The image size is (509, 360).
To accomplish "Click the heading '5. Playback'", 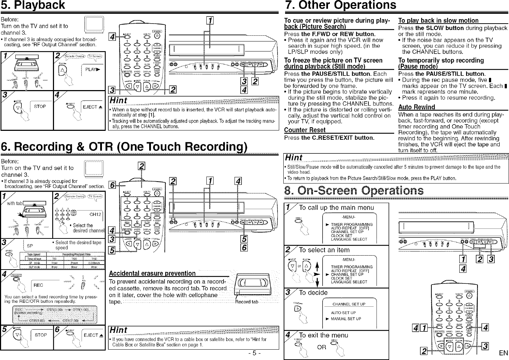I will [33, 5].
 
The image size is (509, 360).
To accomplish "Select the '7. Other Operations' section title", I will [340, 5].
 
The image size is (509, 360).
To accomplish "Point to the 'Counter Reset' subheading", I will [305, 130].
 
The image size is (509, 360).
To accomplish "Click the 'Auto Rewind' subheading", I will [416, 107].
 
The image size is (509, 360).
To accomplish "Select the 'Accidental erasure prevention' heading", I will [152, 273].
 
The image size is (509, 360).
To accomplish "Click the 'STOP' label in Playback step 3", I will [40, 106].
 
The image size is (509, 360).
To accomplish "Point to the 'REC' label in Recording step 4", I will [38, 285].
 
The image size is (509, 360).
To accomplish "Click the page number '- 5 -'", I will [254, 353].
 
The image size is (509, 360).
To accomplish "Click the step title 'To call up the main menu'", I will [336, 208].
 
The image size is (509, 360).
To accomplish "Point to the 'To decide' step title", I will [313, 293].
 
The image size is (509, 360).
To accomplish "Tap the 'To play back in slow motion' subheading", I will [438, 20].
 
